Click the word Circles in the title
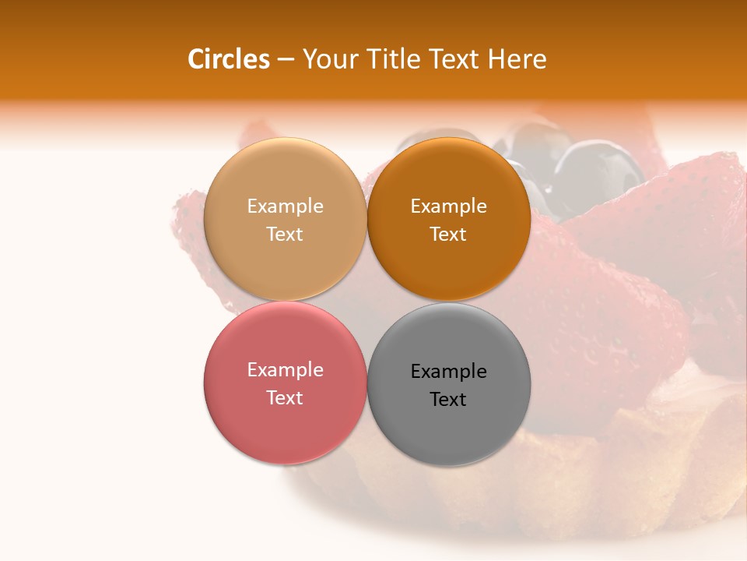point(229,59)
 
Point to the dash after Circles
point(286,60)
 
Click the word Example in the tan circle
point(285,206)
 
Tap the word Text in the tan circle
point(285,235)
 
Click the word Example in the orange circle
point(448,206)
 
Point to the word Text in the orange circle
point(448,235)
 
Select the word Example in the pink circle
point(285,370)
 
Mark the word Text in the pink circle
point(285,398)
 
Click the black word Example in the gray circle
point(448,372)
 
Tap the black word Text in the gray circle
point(448,400)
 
